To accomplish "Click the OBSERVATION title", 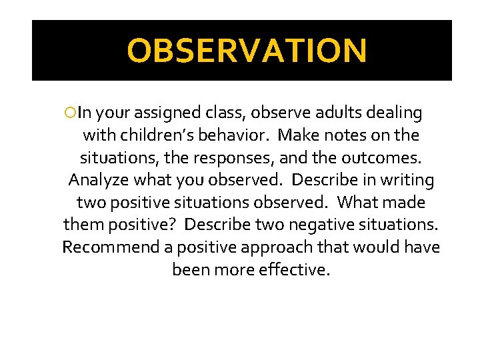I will coord(247,51).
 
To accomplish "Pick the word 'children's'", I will coord(158,136).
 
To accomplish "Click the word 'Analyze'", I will coord(99,181).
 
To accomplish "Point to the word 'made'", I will coord(404,203).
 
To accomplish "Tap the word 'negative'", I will coord(292,225).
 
